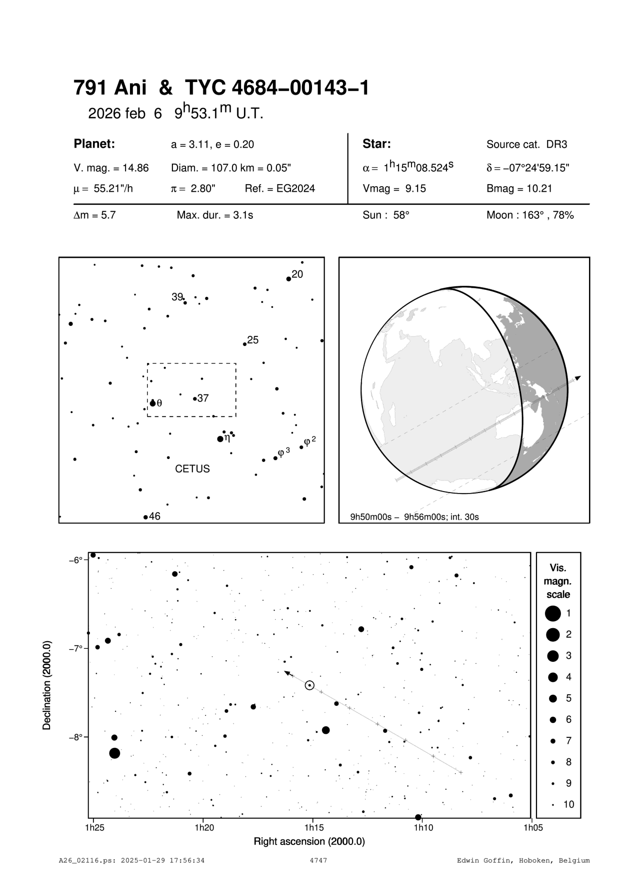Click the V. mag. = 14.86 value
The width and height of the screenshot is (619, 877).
pos(111,168)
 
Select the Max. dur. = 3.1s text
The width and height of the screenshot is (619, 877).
pos(214,216)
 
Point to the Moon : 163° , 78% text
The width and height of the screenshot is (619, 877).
pos(530,216)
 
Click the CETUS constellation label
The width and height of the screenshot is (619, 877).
pos(192,469)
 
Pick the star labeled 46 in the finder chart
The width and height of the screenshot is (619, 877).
pos(145,517)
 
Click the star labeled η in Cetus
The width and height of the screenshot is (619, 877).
pos(220,439)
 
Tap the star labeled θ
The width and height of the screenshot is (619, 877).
pos(153,403)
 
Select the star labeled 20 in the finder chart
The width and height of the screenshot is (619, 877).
pos(288,279)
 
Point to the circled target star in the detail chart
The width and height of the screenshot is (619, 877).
pos(309,685)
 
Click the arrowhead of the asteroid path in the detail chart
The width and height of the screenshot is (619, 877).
pos(286,672)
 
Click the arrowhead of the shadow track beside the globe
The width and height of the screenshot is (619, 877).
pos(578,377)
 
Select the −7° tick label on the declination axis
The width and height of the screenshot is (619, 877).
pos(75,648)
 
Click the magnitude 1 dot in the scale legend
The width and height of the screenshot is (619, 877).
pos(553,613)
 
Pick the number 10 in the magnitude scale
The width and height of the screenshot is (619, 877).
pos(569,804)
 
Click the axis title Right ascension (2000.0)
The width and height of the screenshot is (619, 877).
pos(309,841)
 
